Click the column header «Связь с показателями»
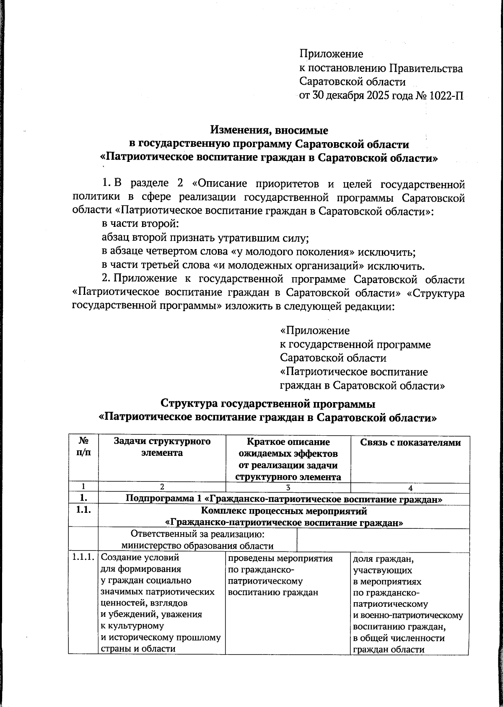[410, 443]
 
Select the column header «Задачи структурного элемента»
[162, 447]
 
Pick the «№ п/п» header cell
[83, 447]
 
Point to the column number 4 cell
[410, 488]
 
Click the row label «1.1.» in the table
[83, 511]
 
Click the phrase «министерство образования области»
[197, 546]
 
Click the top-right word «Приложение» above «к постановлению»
[331, 54]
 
